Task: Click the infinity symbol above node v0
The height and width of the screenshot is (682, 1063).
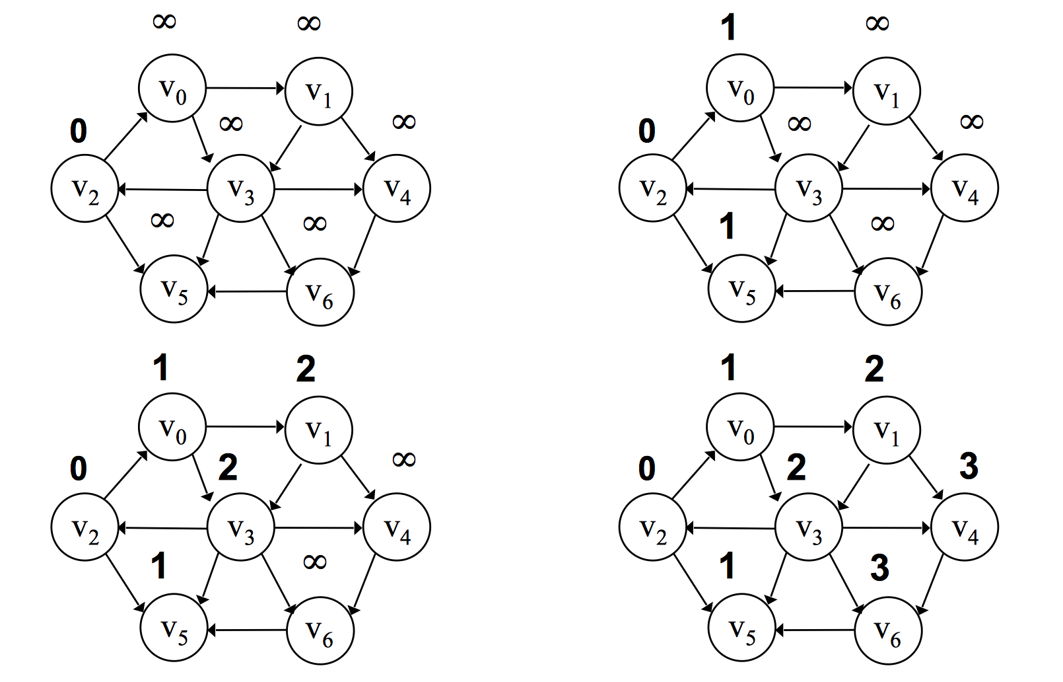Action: pyautogui.click(x=164, y=22)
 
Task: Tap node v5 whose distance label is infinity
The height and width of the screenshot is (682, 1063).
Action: pyautogui.click(x=174, y=289)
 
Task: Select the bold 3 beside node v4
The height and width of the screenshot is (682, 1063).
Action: pyautogui.click(x=969, y=467)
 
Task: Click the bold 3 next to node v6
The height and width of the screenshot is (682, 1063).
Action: pyautogui.click(x=879, y=568)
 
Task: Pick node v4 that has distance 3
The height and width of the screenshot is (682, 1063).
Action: pyautogui.click(x=964, y=527)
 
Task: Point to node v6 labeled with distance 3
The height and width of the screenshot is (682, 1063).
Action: pyautogui.click(x=887, y=630)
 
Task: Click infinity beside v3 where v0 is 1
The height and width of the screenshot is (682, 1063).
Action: pyautogui.click(x=800, y=124)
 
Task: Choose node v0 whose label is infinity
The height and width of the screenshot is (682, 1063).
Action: pyautogui.click(x=172, y=89)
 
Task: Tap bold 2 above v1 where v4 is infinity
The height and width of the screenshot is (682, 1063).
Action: pyautogui.click(x=306, y=369)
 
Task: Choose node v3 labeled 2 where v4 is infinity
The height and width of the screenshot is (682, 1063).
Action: pyautogui.click(x=241, y=527)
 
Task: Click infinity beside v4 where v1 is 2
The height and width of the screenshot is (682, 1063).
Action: pyautogui.click(x=403, y=459)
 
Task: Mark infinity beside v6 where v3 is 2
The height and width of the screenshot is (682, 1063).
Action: pyautogui.click(x=314, y=562)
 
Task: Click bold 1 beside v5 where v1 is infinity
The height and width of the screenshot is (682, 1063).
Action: pyautogui.click(x=727, y=227)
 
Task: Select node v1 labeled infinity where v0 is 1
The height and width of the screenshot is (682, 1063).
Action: pyautogui.click(x=886, y=91)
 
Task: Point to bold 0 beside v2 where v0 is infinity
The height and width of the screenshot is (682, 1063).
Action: pyautogui.click(x=79, y=132)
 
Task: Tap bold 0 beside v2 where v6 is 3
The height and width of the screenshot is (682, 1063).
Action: pyautogui.click(x=647, y=469)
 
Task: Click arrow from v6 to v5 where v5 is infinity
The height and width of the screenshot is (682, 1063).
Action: pyautogui.click(x=248, y=291)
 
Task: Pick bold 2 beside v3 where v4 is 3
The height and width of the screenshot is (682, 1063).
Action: pyautogui.click(x=796, y=468)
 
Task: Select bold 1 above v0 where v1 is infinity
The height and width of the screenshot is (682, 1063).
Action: pyautogui.click(x=728, y=28)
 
